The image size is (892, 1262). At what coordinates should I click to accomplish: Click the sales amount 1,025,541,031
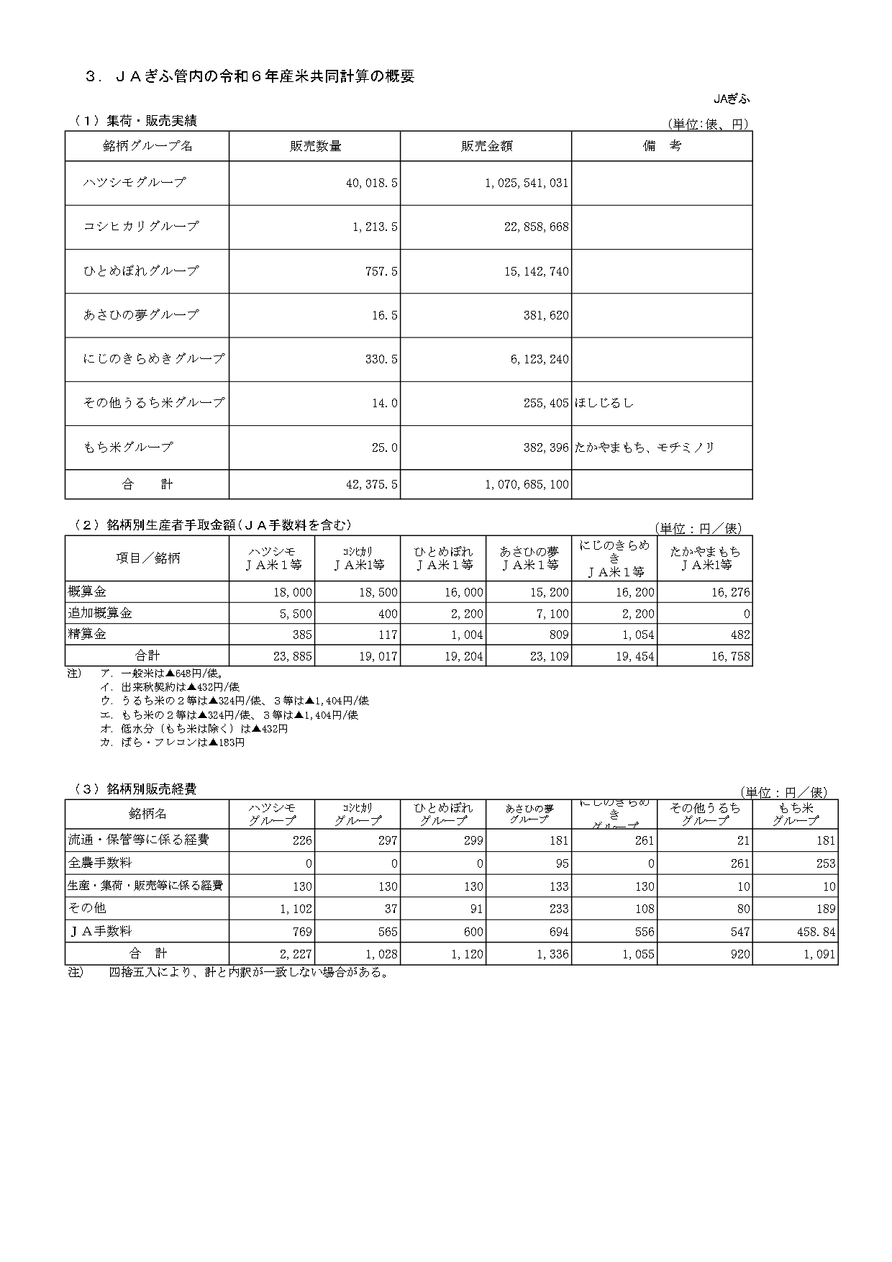(527, 183)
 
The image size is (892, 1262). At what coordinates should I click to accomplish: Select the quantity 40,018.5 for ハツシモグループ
(371, 183)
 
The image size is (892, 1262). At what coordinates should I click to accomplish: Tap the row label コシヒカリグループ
(141, 226)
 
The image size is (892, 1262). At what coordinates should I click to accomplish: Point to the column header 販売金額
(486, 146)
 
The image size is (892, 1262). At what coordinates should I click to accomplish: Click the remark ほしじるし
(604, 403)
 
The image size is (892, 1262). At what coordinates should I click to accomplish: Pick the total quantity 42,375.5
(371, 485)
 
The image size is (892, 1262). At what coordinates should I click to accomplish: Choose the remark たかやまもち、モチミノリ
(644, 448)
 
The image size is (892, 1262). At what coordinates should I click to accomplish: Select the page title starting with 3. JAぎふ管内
(250, 77)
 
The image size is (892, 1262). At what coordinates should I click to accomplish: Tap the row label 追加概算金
(100, 614)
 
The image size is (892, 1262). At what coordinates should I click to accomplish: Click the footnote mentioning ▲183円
(173, 743)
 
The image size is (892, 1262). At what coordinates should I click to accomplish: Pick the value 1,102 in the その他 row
(295, 909)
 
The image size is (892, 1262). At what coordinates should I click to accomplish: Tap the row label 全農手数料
(100, 863)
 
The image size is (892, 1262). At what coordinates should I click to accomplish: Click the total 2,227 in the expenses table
(296, 955)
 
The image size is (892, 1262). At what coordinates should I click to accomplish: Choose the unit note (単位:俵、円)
(708, 124)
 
